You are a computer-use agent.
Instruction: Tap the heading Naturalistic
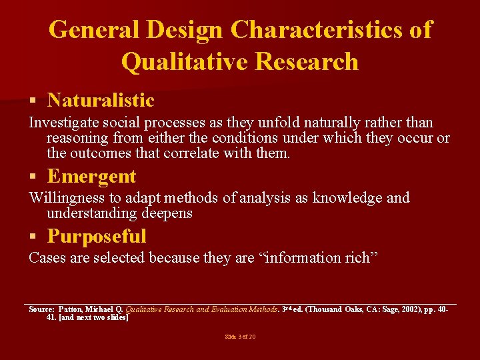click(101, 101)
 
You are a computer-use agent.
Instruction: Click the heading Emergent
click(91, 177)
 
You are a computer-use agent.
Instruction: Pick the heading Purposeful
click(97, 237)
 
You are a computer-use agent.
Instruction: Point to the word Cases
click(47, 258)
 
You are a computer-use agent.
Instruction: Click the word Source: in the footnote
click(41, 309)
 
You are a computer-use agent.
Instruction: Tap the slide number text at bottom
click(240, 337)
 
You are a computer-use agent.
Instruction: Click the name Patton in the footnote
click(71, 309)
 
